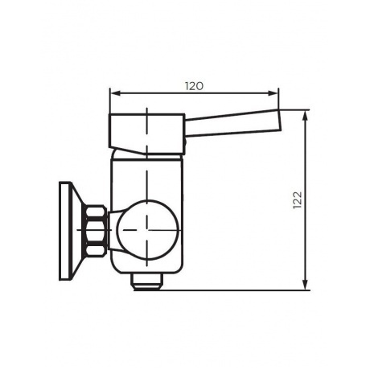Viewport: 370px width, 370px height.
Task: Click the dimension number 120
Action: pyautogui.click(x=192, y=84)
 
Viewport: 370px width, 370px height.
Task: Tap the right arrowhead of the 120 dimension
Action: pyautogui.click(x=276, y=93)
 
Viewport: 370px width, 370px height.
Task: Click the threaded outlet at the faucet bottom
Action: pyautogui.click(x=146, y=282)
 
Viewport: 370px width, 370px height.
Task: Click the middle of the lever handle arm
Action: pyautogui.click(x=233, y=122)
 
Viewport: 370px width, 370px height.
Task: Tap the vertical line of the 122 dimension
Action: pyautogui.click(x=306, y=241)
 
